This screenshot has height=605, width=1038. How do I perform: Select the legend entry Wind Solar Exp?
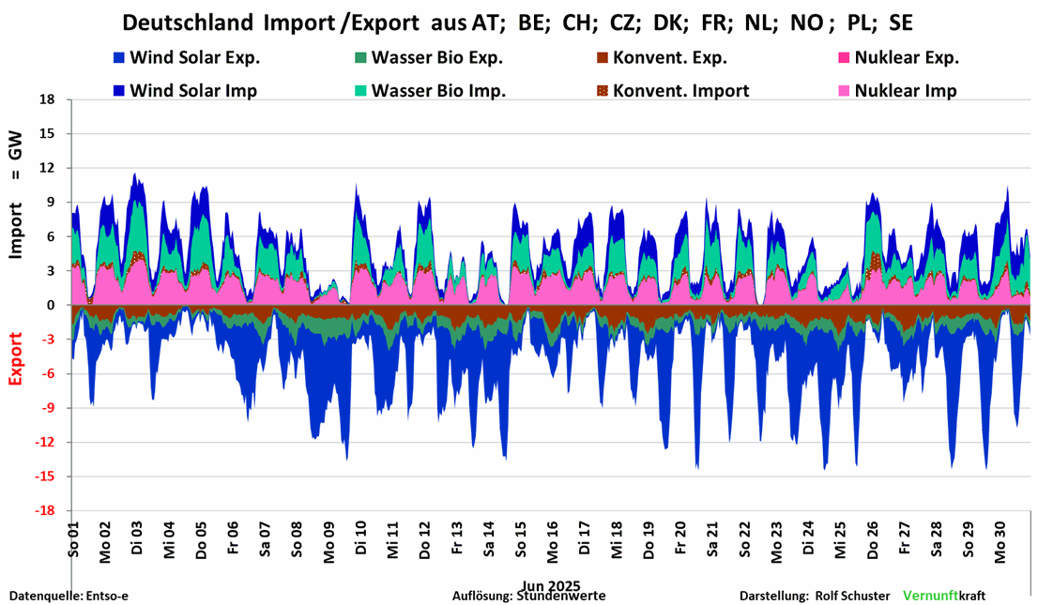coord(194,57)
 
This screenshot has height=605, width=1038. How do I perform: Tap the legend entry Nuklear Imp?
coord(905,91)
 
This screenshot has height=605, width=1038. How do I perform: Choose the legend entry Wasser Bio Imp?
coord(438,91)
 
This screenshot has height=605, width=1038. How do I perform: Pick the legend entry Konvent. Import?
coord(680,91)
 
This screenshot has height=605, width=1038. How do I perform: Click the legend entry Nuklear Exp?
coord(906,57)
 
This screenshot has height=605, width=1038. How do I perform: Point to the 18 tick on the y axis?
coord(48,99)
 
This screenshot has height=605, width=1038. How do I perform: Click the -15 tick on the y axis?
coord(44,476)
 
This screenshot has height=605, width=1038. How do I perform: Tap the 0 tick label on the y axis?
coord(52,305)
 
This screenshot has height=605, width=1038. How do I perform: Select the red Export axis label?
coord(16,359)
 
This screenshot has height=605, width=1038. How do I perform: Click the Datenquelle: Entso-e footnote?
coord(62,596)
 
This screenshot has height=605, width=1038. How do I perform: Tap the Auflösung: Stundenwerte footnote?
coord(528,596)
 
